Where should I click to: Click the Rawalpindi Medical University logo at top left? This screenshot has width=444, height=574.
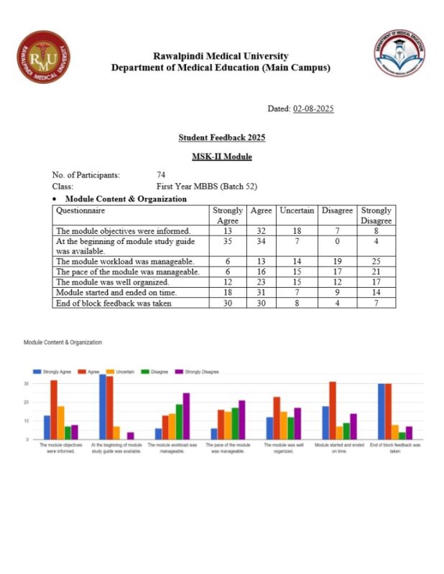[44, 57]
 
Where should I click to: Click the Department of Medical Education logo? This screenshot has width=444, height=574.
[400, 53]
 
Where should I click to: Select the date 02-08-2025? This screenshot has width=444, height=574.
[313, 109]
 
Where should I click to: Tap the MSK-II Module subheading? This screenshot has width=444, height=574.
[222, 156]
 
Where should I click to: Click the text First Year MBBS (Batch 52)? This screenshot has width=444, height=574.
[207, 187]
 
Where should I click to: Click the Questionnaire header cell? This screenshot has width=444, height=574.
[80, 211]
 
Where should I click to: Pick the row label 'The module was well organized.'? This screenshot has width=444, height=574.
[112, 283]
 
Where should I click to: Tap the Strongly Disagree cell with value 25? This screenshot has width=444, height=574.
[376, 262]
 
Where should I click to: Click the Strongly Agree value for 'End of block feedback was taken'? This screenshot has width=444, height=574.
[227, 303]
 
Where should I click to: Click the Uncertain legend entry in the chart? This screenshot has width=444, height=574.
[119, 372]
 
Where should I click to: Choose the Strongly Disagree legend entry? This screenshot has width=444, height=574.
[199, 372]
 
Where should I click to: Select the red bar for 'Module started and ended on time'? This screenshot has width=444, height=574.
[332, 410]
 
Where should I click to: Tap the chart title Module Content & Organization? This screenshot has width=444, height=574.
[63, 343]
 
